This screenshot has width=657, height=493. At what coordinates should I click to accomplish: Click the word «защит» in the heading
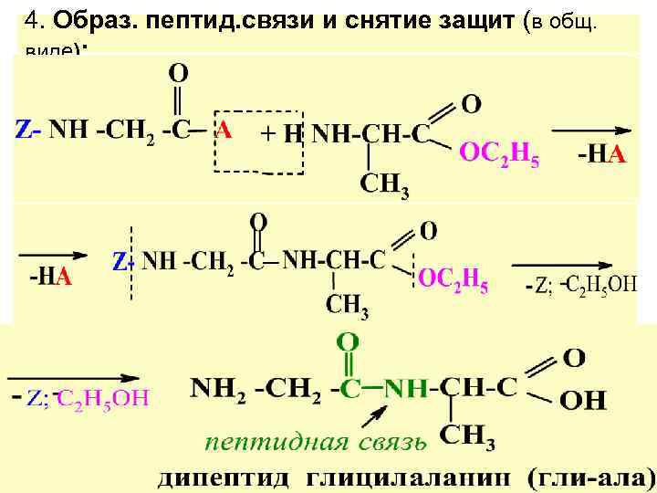click(464, 20)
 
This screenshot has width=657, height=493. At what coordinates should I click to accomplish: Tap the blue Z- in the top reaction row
click(28, 131)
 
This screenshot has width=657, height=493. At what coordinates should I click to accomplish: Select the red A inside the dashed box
click(223, 131)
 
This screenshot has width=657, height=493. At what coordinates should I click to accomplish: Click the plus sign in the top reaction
click(267, 133)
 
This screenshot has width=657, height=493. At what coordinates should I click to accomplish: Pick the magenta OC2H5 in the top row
click(498, 157)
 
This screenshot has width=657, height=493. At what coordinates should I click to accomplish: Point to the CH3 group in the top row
click(383, 185)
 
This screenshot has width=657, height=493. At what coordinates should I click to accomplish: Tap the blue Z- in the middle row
click(124, 263)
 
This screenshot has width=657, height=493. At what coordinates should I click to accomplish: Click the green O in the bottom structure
click(347, 343)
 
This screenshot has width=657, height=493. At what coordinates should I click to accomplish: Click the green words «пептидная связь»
click(315, 444)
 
